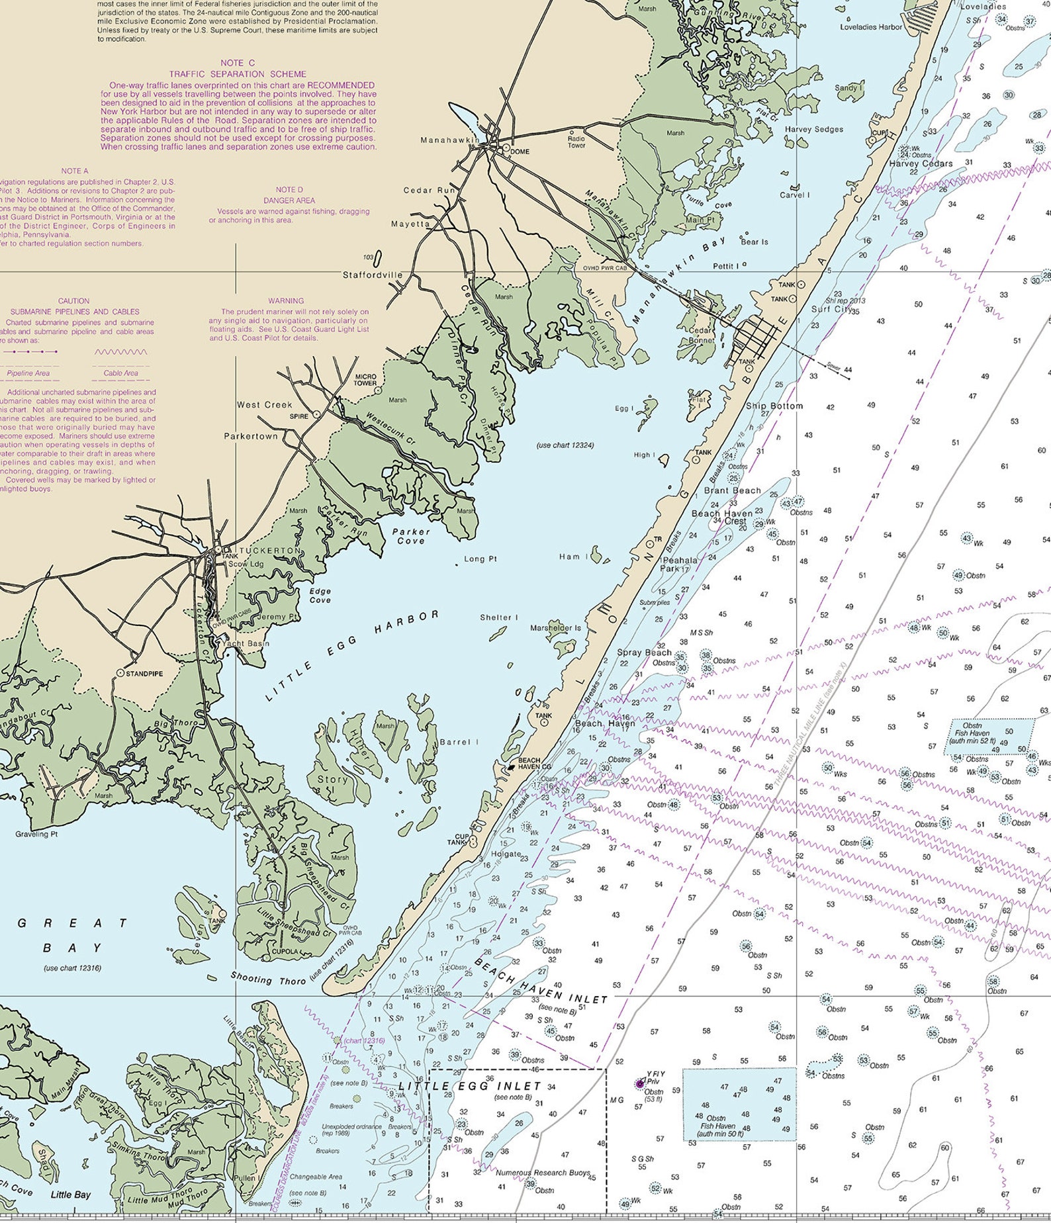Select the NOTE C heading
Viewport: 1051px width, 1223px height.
point(238,63)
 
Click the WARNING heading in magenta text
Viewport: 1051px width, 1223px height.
point(286,300)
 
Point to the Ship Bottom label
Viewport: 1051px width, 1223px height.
point(774,406)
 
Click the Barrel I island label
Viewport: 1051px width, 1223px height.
point(459,742)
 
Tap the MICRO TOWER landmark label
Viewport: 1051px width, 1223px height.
point(365,380)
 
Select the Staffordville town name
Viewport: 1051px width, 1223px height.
point(373,274)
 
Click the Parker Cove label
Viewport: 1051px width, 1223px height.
point(411,536)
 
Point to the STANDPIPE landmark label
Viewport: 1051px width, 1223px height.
point(144,673)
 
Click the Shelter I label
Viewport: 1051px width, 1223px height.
point(499,617)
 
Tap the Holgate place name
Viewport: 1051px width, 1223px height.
point(506,854)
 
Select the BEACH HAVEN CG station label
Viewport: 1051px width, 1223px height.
point(534,763)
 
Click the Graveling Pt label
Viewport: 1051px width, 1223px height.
point(36,834)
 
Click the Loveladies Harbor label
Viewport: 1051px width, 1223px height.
point(871,27)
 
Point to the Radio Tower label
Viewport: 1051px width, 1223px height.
point(576,142)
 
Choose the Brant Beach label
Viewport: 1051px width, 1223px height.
point(732,490)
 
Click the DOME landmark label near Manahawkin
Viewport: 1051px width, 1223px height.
point(520,152)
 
